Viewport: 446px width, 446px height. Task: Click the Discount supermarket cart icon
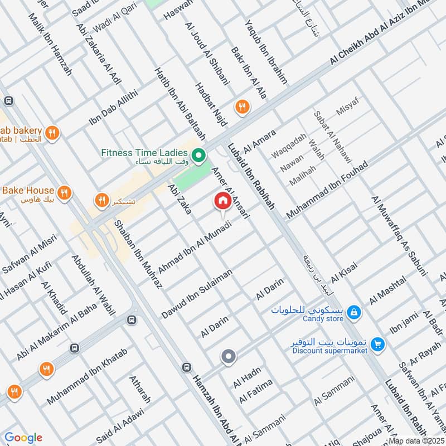[x=378, y=345]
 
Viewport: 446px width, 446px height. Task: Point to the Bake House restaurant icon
[x=65, y=193]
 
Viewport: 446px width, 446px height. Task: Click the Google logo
[x=23, y=438]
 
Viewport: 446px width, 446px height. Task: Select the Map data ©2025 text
[x=415, y=440]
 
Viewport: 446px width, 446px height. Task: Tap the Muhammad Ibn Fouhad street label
[x=328, y=191]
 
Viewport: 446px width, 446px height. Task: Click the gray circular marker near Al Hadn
[x=227, y=357]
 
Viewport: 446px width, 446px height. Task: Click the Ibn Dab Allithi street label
[x=112, y=108]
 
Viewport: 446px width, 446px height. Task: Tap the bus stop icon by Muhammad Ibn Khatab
[x=131, y=320]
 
